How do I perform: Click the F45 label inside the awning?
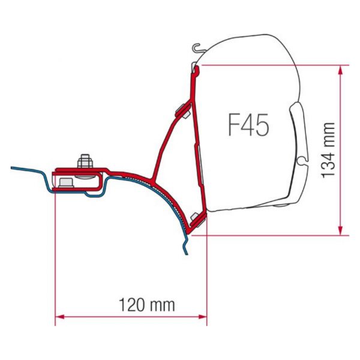point(248,125)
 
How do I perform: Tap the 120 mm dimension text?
point(147,305)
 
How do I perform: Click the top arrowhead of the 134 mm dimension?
point(340,70)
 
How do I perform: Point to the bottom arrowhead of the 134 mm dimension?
point(340,230)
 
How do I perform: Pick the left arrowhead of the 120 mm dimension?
point(59,317)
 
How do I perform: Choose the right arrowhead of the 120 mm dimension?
point(202,317)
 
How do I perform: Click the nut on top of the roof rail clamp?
point(85,160)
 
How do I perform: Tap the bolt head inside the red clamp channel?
point(66,183)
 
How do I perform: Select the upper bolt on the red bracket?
point(183,110)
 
